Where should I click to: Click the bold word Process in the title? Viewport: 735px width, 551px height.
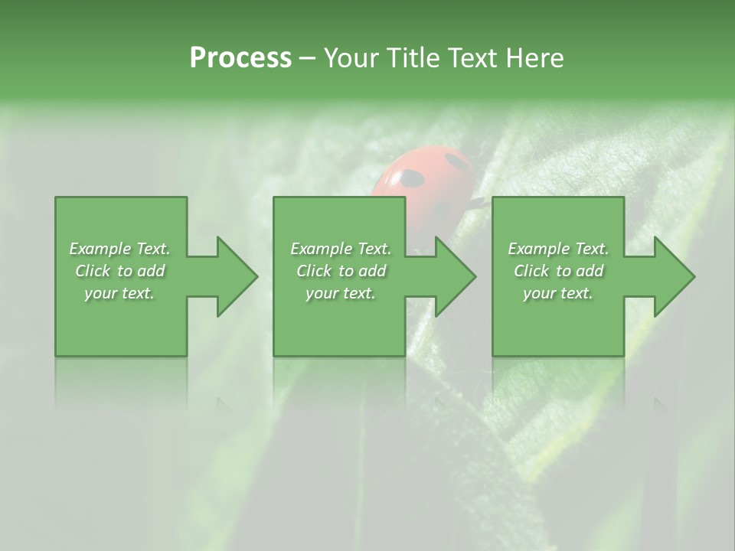[x=240, y=58]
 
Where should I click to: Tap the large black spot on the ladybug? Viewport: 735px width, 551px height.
[x=411, y=179]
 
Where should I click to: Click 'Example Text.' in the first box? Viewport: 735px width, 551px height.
[x=119, y=249]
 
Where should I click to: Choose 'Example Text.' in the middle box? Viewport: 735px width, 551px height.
[x=340, y=249]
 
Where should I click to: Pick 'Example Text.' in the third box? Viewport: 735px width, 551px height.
[x=558, y=249]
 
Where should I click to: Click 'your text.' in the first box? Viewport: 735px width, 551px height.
[x=119, y=293]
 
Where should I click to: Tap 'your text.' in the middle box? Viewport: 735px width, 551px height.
[x=340, y=293]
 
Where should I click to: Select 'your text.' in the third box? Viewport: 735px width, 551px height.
[x=558, y=293]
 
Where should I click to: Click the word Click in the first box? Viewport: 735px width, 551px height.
[x=93, y=271]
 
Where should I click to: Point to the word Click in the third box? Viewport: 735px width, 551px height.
[x=531, y=271]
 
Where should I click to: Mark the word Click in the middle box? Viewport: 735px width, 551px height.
[x=314, y=271]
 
